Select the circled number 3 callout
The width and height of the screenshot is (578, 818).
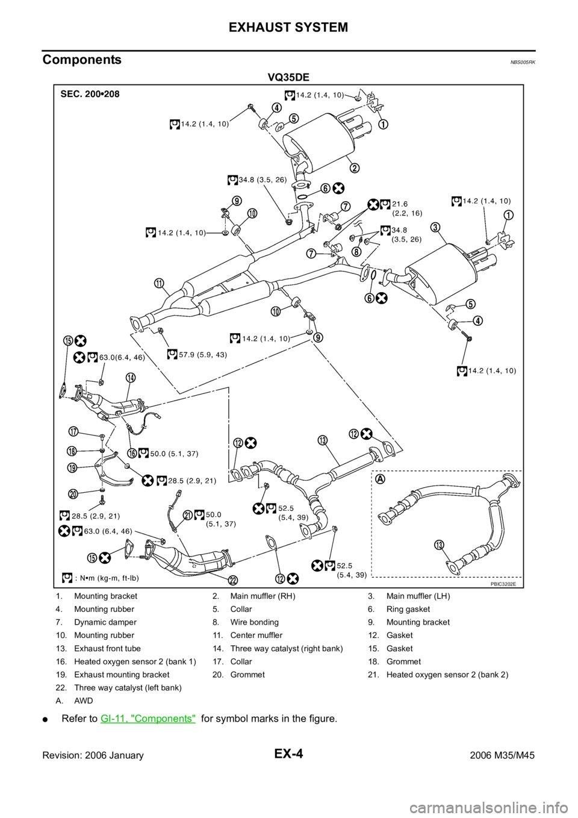pyautogui.click(x=435, y=227)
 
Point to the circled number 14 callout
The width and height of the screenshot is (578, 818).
pyautogui.click(x=131, y=378)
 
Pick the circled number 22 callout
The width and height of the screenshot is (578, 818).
pyautogui.click(x=232, y=580)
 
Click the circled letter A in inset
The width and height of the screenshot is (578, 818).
pyautogui.click(x=380, y=479)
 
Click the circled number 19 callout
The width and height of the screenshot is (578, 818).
pyautogui.click(x=72, y=467)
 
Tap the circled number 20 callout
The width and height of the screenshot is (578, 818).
pyautogui.click(x=73, y=494)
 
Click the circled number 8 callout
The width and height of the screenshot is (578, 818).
pyautogui.click(x=358, y=251)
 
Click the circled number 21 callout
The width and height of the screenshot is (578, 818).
pyautogui.click(x=188, y=515)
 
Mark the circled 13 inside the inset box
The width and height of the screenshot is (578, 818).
pyautogui.click(x=440, y=545)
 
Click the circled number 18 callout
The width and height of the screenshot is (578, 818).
pyautogui.click(x=72, y=451)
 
